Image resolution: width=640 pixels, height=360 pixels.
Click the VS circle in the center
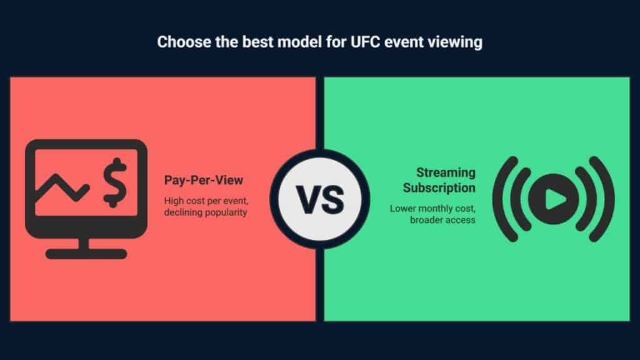click(x=320, y=199)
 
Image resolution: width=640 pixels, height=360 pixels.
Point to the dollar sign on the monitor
click(x=115, y=182)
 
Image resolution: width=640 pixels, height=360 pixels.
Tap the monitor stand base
click(x=86, y=254)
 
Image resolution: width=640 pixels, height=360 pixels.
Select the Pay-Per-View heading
click(x=204, y=181)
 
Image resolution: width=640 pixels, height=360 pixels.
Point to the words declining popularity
click(x=206, y=212)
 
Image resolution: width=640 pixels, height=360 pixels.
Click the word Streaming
click(x=446, y=173)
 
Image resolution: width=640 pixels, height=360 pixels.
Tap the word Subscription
click(x=439, y=188)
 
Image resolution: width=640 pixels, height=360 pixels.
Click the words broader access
click(x=443, y=220)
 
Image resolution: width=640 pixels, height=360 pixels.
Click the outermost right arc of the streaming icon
click(x=610, y=199)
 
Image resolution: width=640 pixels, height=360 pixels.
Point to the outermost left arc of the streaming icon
click(x=497, y=199)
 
